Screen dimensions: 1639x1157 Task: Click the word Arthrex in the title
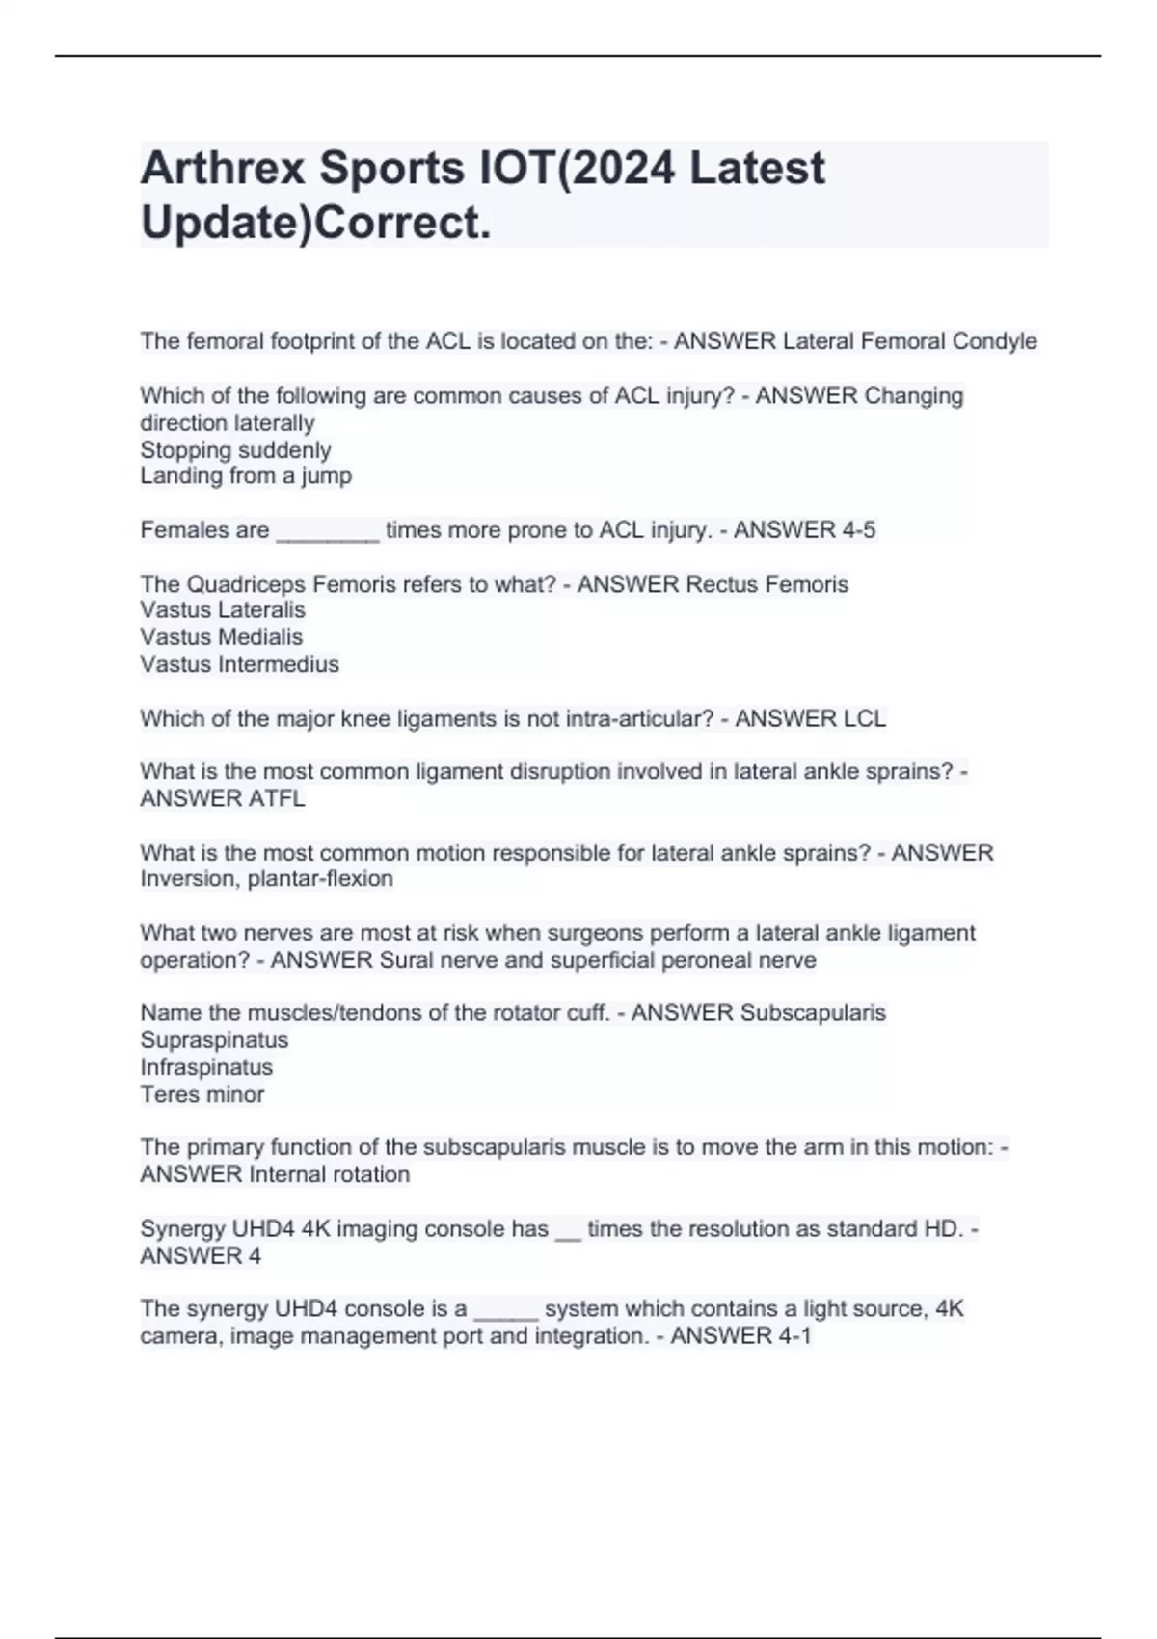coord(223,168)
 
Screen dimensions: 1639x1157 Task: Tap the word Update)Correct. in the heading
coord(315,223)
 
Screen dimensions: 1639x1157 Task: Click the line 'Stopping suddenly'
coord(235,450)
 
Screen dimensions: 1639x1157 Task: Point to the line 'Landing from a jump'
coord(246,475)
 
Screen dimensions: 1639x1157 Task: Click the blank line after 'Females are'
coord(328,532)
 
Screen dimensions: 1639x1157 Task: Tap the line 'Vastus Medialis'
coord(221,637)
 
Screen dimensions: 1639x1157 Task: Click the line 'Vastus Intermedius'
coord(239,664)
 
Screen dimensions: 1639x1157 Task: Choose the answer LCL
coord(864,718)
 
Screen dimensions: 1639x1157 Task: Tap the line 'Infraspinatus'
coord(206,1067)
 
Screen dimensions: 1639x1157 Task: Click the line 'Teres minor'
coord(202,1094)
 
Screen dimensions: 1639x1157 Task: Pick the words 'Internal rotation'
coord(329,1174)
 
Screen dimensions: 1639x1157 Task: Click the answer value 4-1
coord(788,1336)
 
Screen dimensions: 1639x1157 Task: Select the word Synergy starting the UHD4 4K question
coord(183,1229)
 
